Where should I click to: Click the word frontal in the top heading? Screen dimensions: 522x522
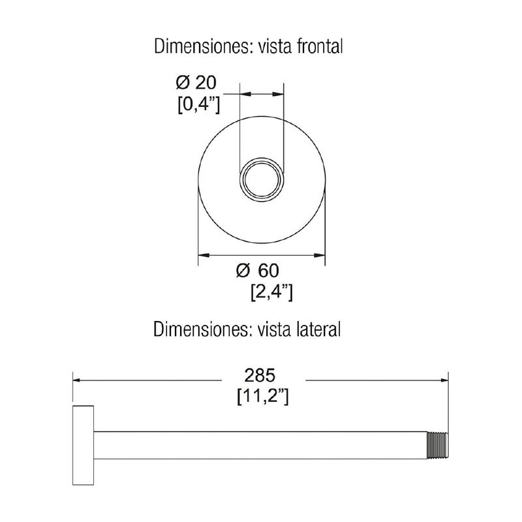tap(319, 46)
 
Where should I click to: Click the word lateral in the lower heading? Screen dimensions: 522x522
tap(318, 329)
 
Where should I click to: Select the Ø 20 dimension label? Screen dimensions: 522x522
tap(196, 83)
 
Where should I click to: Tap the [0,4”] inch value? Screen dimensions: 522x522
tap(198, 106)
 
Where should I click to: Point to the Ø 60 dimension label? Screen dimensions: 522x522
tap(258, 270)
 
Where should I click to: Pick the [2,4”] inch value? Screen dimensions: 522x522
tap(271, 293)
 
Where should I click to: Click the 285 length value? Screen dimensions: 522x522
tap(260, 376)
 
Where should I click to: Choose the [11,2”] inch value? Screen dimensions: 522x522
tap(263, 397)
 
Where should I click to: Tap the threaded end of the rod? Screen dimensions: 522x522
tap(437, 446)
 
